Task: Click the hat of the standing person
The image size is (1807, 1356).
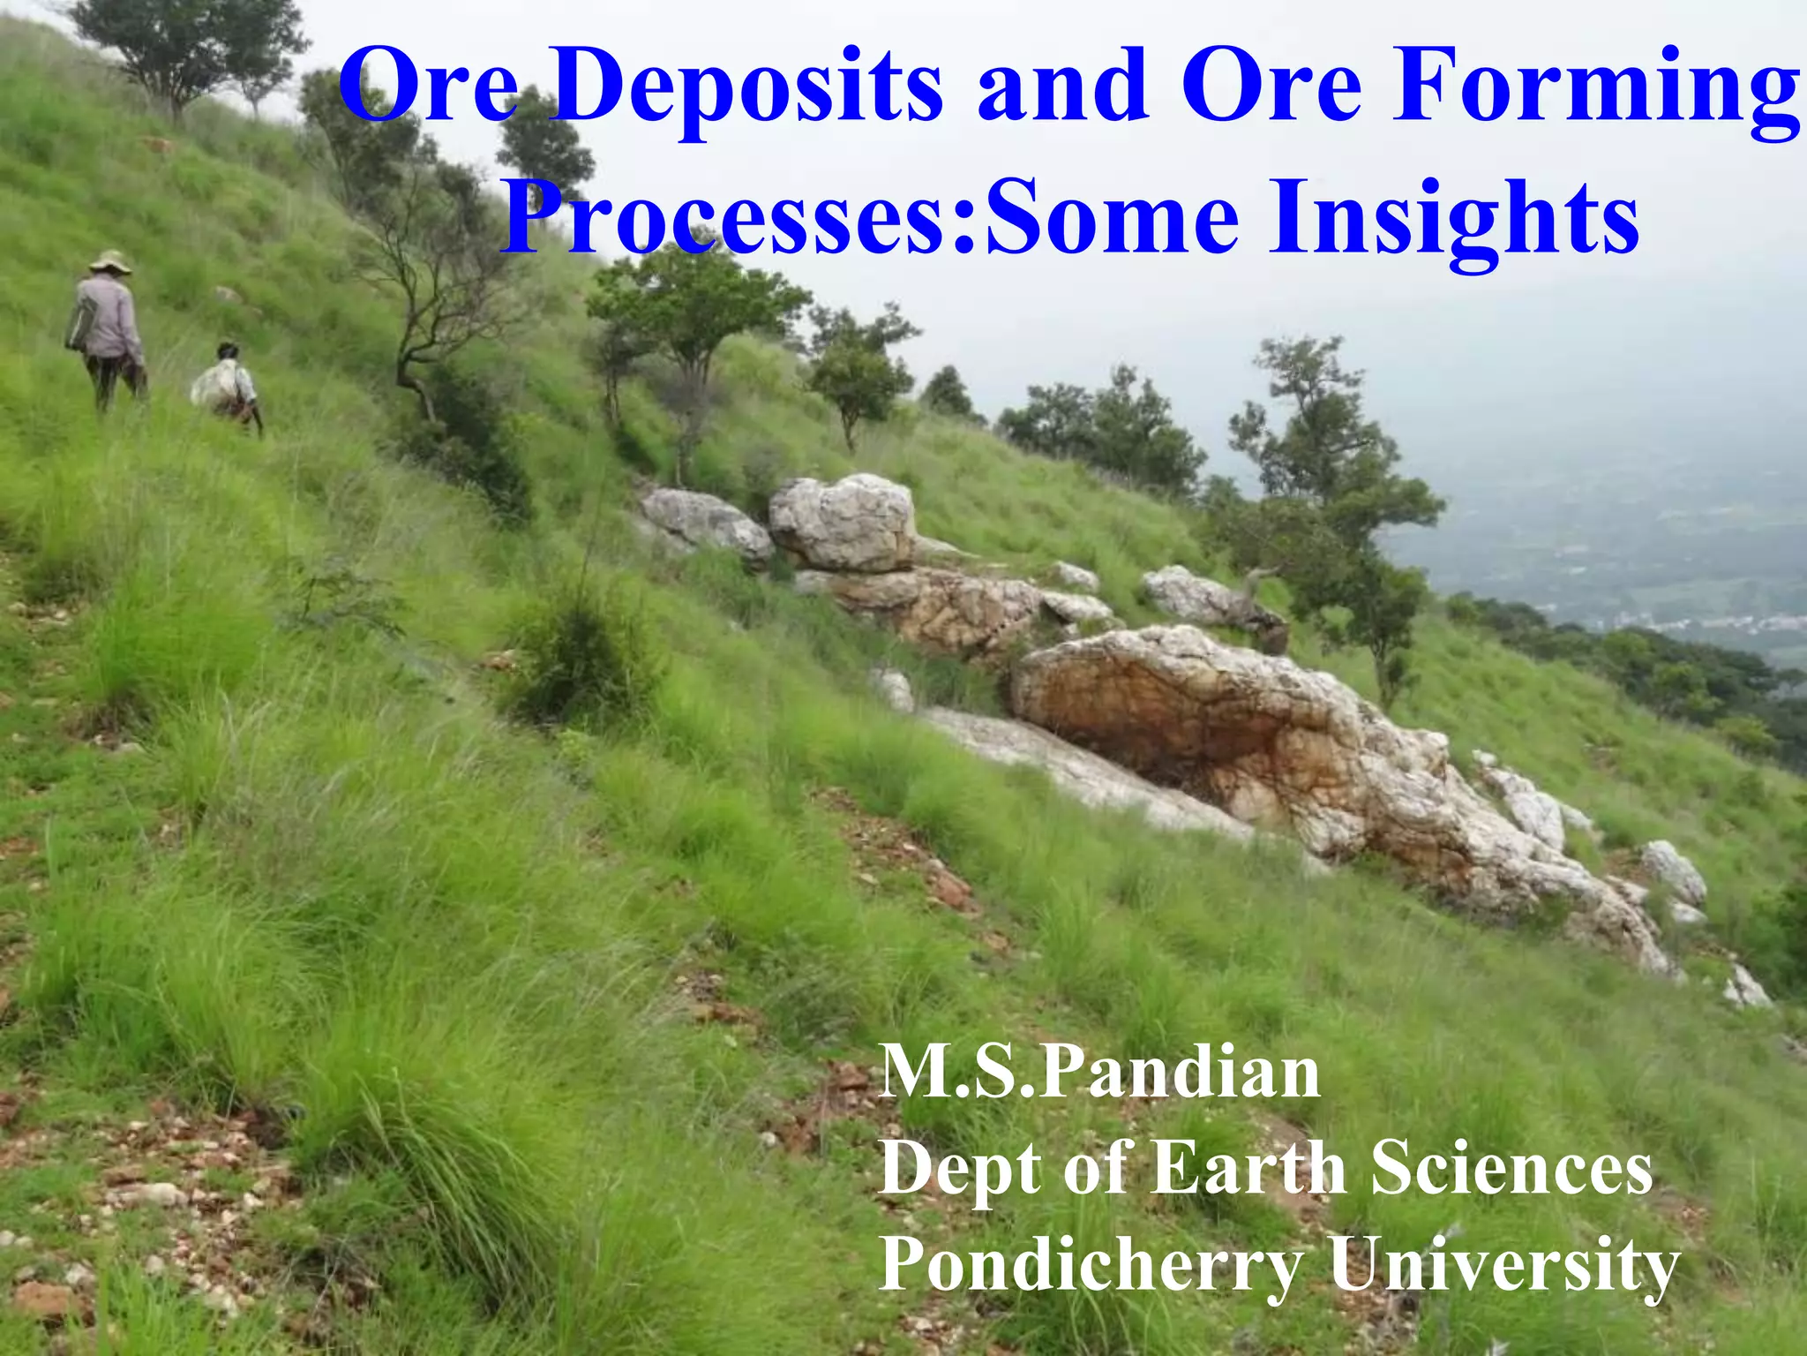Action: tap(110, 261)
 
